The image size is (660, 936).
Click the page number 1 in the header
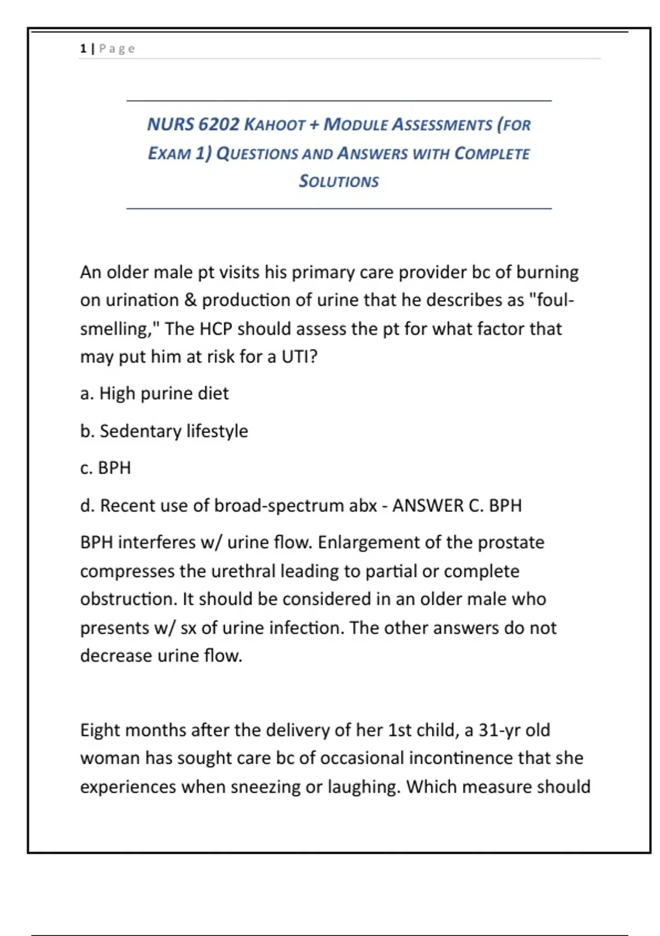coord(83,48)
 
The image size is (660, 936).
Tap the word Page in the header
coord(117,48)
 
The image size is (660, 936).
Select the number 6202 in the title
coord(218,124)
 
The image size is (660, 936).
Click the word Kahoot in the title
coord(274,124)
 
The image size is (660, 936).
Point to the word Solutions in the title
coord(339,181)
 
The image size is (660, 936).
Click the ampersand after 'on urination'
coord(190,300)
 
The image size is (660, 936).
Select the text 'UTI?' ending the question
coord(300,357)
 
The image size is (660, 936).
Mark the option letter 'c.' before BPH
coord(86,468)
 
